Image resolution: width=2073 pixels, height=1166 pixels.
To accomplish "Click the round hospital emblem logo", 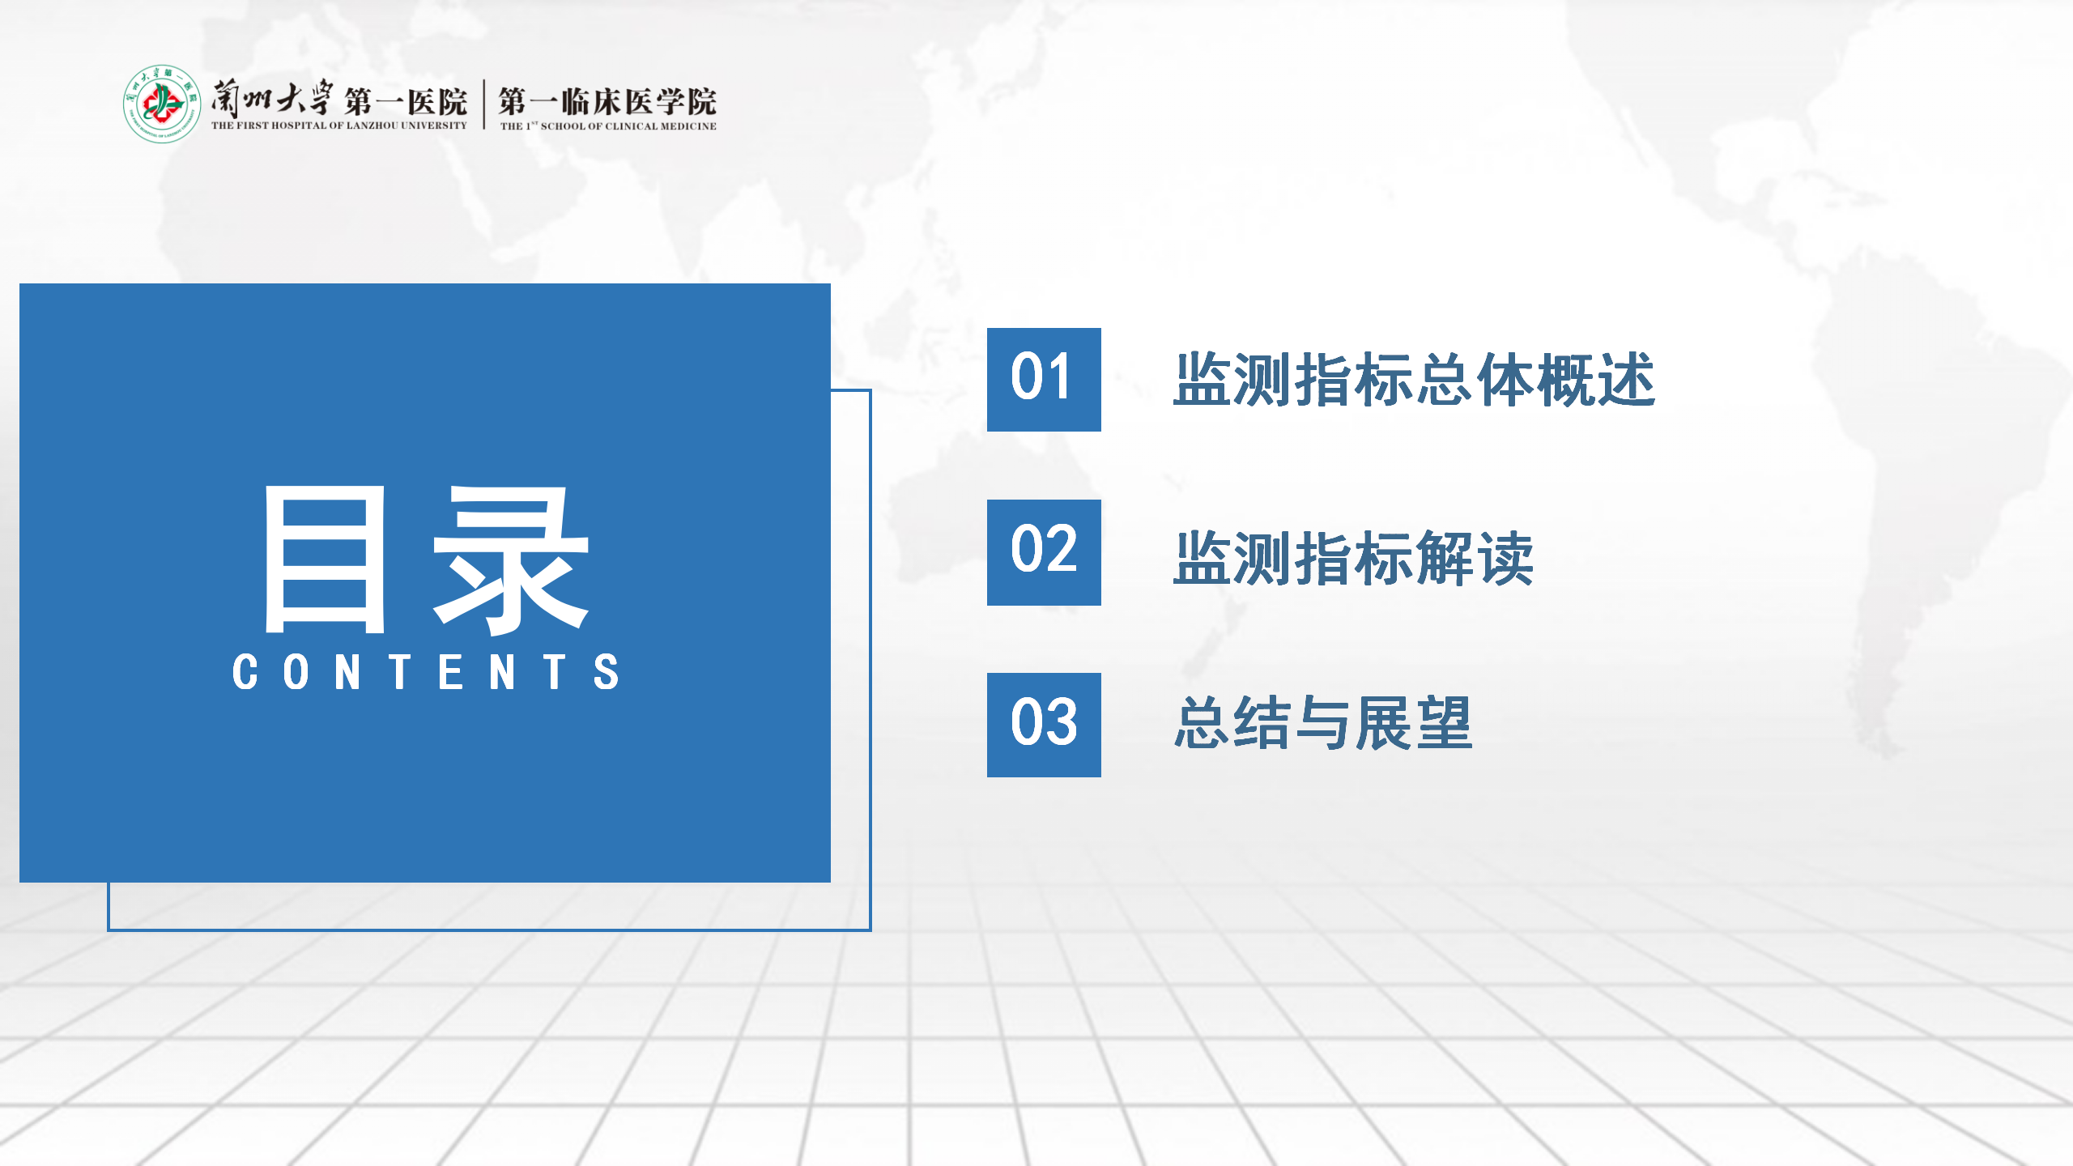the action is [x=162, y=104].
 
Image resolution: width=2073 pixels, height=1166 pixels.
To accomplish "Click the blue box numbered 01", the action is [x=1044, y=379].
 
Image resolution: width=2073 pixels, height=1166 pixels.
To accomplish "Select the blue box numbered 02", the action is [x=1044, y=552].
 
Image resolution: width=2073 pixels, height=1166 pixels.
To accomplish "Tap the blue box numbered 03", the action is [x=1044, y=725].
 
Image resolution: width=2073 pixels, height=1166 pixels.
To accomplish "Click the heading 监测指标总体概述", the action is [x=1415, y=379].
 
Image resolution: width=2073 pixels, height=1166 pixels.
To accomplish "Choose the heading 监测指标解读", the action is [x=1354, y=558].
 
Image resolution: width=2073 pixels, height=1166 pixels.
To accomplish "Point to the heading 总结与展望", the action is [x=1324, y=723].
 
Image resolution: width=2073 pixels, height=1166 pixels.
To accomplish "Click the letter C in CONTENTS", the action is [x=245, y=672].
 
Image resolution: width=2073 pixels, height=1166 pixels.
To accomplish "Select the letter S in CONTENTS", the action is [x=607, y=672].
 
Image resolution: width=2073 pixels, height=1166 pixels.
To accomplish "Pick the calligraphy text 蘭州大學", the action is [x=272, y=99].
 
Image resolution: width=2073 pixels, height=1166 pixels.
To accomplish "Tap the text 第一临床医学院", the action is [x=607, y=102].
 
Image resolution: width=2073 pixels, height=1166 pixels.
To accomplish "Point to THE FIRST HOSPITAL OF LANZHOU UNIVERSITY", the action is [x=339, y=126].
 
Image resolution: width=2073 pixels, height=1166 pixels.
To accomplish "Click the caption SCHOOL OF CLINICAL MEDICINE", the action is [x=628, y=126].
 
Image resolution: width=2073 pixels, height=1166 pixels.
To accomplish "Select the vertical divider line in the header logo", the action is [x=484, y=104].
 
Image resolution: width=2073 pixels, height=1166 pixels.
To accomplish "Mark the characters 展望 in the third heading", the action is [x=1414, y=723].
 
